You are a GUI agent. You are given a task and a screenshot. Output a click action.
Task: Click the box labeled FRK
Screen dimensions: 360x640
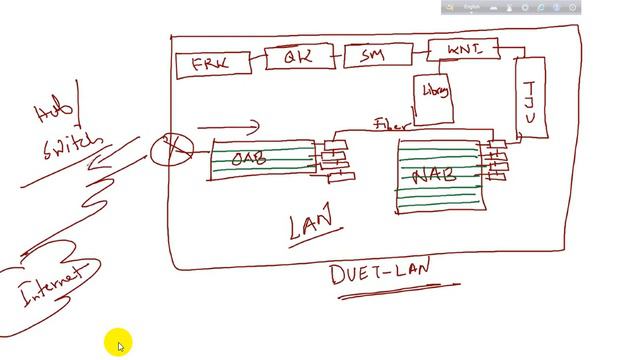(x=208, y=66)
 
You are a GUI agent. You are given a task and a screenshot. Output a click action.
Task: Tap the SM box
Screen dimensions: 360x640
(x=370, y=57)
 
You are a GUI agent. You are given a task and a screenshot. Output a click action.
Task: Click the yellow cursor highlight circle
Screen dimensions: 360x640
(x=116, y=343)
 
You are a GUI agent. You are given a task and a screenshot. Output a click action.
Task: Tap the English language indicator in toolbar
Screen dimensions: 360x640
(x=471, y=7)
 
